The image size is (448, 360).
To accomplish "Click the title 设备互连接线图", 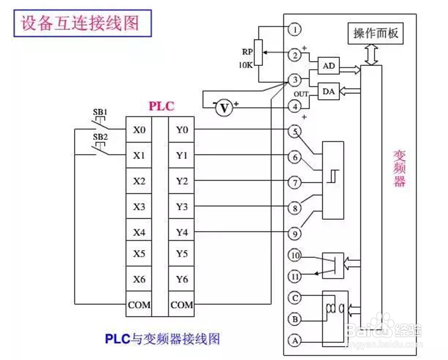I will pos(79,24).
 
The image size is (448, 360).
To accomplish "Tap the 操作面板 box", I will pos(376,34).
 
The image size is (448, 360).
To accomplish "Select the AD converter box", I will pos(329,65).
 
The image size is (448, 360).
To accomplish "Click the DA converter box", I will pos(329,91).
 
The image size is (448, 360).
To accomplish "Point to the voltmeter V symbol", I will pos(224,108).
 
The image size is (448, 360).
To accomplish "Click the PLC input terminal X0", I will pos(139,130).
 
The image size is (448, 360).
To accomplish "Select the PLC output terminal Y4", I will pos(181,233).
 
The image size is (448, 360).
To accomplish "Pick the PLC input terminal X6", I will pos(139,279).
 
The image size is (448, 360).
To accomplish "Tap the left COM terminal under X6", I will pos(139,305).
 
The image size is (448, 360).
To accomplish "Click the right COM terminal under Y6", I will pos(181,305).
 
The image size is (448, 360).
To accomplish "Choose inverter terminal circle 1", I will pos(294,30).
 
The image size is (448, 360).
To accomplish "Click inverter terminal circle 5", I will pos(294,131).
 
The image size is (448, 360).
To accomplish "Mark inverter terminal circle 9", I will pos(294,233).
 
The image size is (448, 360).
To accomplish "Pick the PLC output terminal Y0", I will pos(181,130).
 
